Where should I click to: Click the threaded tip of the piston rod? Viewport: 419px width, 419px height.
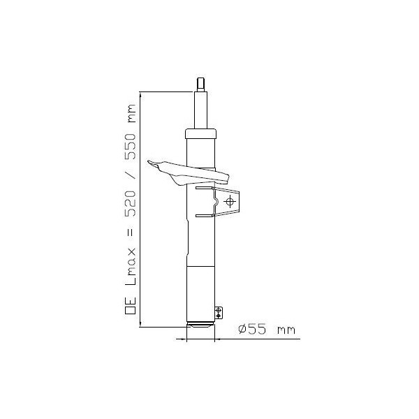202,84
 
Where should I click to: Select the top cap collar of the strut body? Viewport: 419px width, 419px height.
202,133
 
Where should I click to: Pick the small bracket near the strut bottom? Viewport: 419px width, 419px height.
219,312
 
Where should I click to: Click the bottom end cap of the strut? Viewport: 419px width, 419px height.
202,325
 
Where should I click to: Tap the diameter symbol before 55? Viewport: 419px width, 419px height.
242,328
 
